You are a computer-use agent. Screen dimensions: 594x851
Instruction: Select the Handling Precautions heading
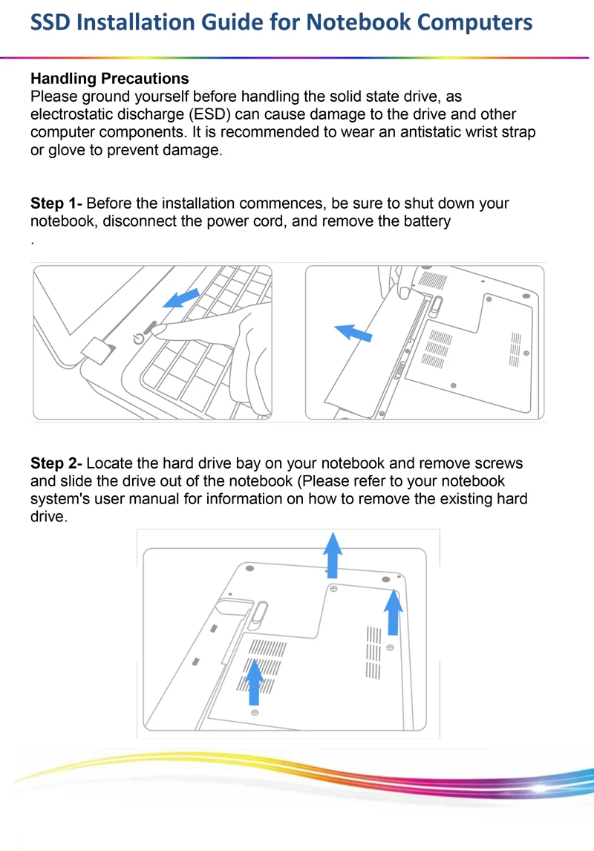pyautogui.click(x=109, y=79)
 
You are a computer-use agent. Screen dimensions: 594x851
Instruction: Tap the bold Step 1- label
pyautogui.click(x=56, y=203)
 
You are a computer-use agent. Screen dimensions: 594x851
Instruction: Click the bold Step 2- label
pyautogui.click(x=56, y=464)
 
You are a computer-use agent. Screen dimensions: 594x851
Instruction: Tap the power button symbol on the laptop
pyautogui.click(x=137, y=339)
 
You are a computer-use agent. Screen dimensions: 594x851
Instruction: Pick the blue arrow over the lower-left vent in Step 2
pyautogui.click(x=255, y=681)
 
